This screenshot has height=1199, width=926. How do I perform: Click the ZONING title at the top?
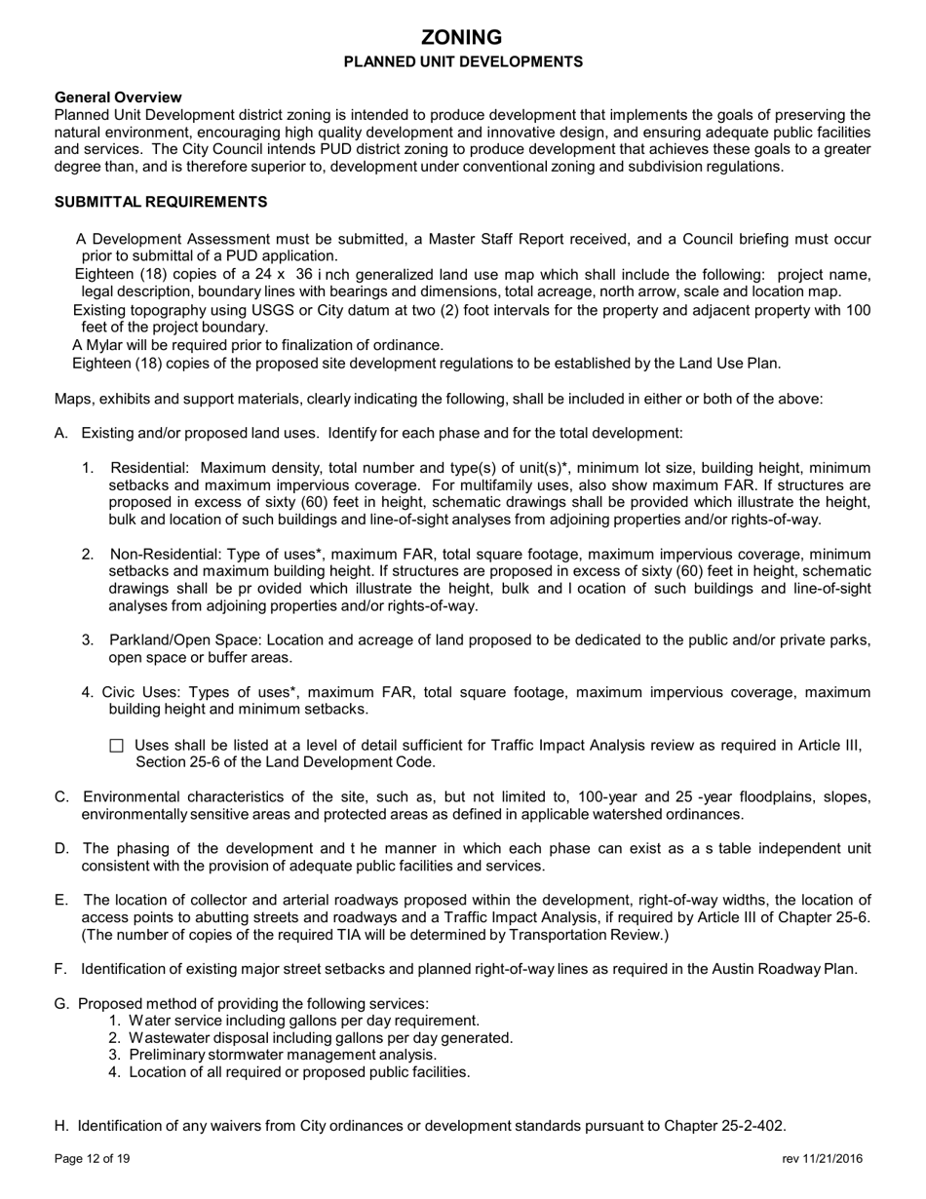point(462,37)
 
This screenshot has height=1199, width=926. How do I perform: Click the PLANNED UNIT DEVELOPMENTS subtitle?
point(462,61)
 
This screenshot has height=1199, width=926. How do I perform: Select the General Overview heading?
point(118,97)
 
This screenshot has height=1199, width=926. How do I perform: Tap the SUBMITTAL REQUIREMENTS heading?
point(161,202)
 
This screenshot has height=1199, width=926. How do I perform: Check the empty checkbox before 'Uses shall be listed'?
point(117,746)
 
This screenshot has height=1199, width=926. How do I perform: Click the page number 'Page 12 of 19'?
point(93,1159)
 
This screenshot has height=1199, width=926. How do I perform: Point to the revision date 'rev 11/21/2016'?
point(822,1159)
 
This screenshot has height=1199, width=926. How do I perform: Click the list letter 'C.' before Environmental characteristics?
point(62,796)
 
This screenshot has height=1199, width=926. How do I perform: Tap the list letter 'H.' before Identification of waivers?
point(61,1125)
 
